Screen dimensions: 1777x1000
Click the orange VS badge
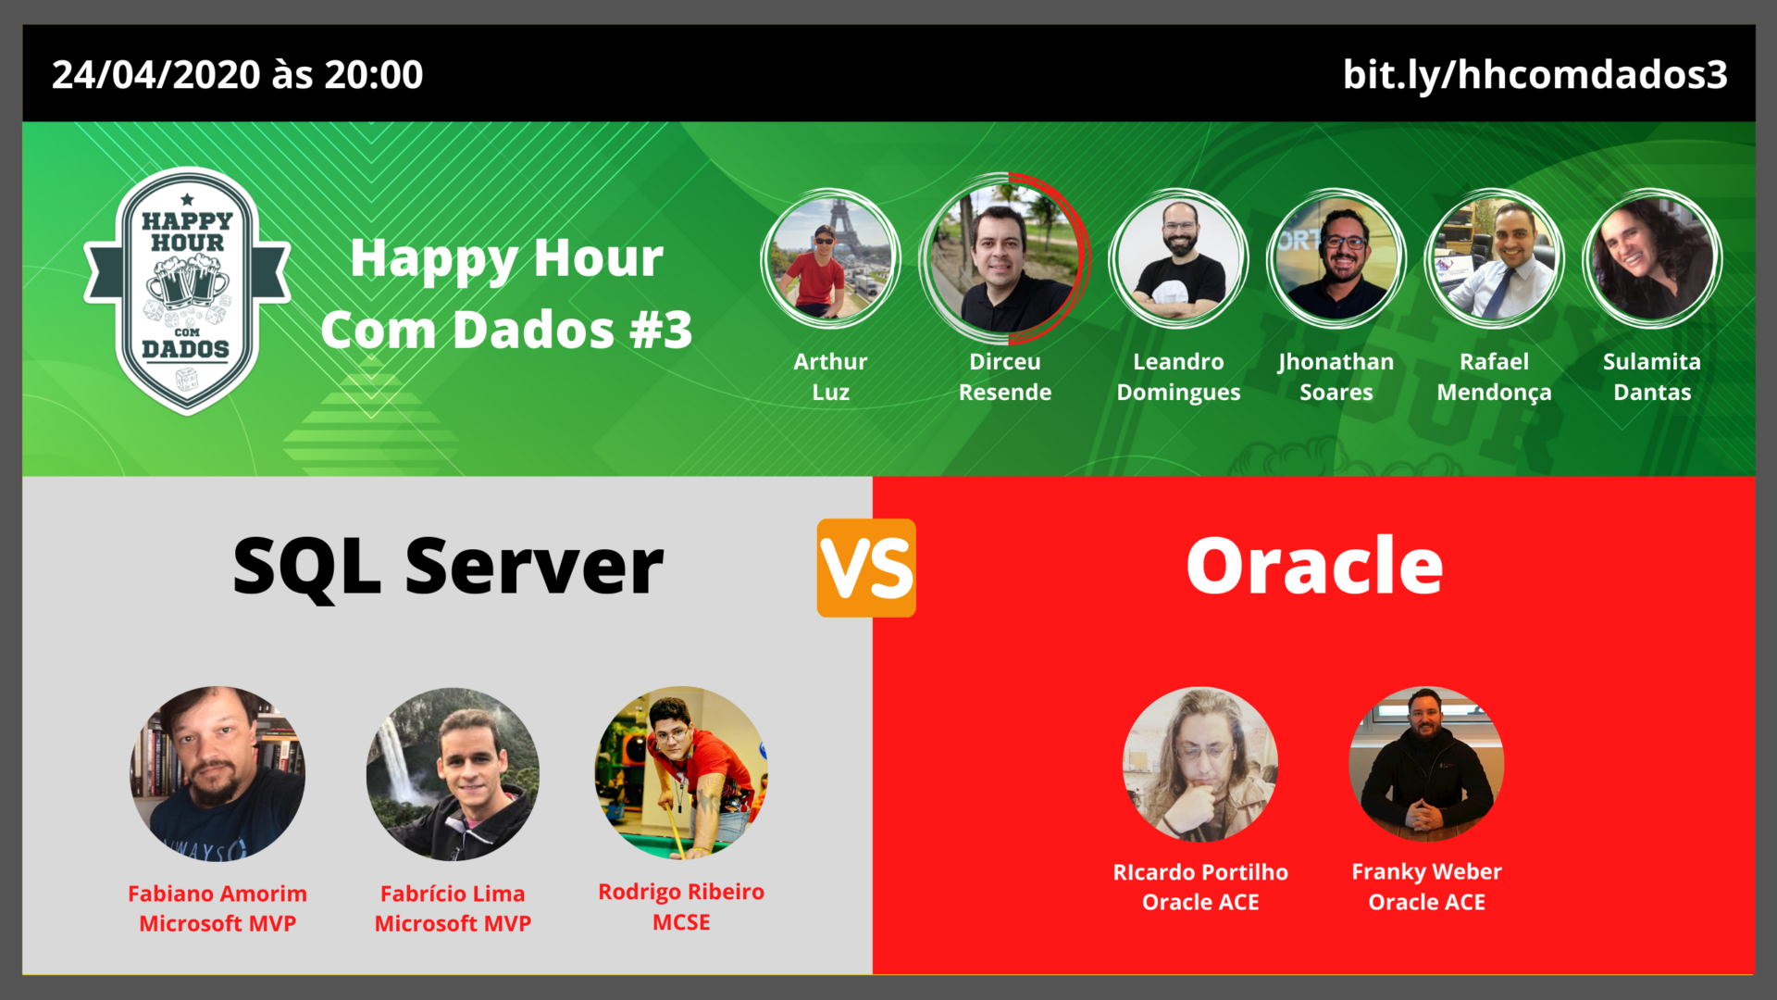[866, 568]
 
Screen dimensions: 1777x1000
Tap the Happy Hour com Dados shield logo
[187, 291]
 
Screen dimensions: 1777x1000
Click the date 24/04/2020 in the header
[156, 75]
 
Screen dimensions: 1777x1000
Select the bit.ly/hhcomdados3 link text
[1535, 75]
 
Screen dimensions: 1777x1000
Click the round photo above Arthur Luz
[830, 258]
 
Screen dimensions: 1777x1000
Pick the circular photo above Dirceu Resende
[1004, 257]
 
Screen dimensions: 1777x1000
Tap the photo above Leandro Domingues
[1178, 258]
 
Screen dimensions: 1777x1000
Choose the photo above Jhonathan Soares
[1336, 258]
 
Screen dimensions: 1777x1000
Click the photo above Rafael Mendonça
[1494, 258]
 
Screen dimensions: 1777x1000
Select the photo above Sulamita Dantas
[1652, 258]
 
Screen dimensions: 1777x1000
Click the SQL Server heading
[448, 566]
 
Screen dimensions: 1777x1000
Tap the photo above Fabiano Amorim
[217, 773]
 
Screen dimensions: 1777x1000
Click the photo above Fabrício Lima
[453, 773]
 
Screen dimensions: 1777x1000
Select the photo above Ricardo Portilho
[1200, 764]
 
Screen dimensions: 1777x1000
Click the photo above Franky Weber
[1426, 764]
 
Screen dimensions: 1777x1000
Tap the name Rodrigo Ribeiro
[681, 892]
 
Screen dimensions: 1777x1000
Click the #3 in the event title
[660, 330]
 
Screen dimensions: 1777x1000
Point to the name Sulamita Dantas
[1652, 377]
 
